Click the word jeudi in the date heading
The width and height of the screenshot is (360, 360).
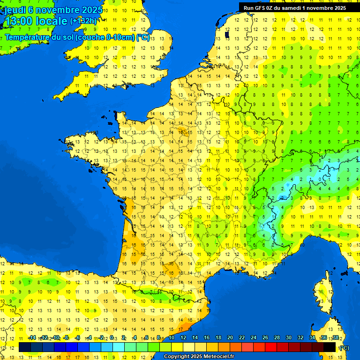(x=15, y=10)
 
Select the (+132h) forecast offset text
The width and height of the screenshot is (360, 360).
(x=83, y=21)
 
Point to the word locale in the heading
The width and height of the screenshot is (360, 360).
(x=52, y=22)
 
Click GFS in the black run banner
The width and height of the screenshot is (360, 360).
(x=260, y=8)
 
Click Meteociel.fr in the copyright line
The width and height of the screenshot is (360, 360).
(x=217, y=357)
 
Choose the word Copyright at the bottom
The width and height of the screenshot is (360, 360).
(x=176, y=357)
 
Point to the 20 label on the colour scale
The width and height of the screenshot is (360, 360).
(x=230, y=338)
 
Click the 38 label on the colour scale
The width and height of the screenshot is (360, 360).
(x=335, y=338)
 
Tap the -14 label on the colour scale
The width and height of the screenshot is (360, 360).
(x=32, y=338)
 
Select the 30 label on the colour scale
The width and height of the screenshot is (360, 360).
(x=288, y=338)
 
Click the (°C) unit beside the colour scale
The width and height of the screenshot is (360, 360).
(x=344, y=348)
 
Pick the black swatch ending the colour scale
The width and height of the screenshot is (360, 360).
(x=330, y=347)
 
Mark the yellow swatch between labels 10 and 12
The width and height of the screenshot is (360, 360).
(x=177, y=347)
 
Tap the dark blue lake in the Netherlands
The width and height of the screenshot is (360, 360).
(x=227, y=34)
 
